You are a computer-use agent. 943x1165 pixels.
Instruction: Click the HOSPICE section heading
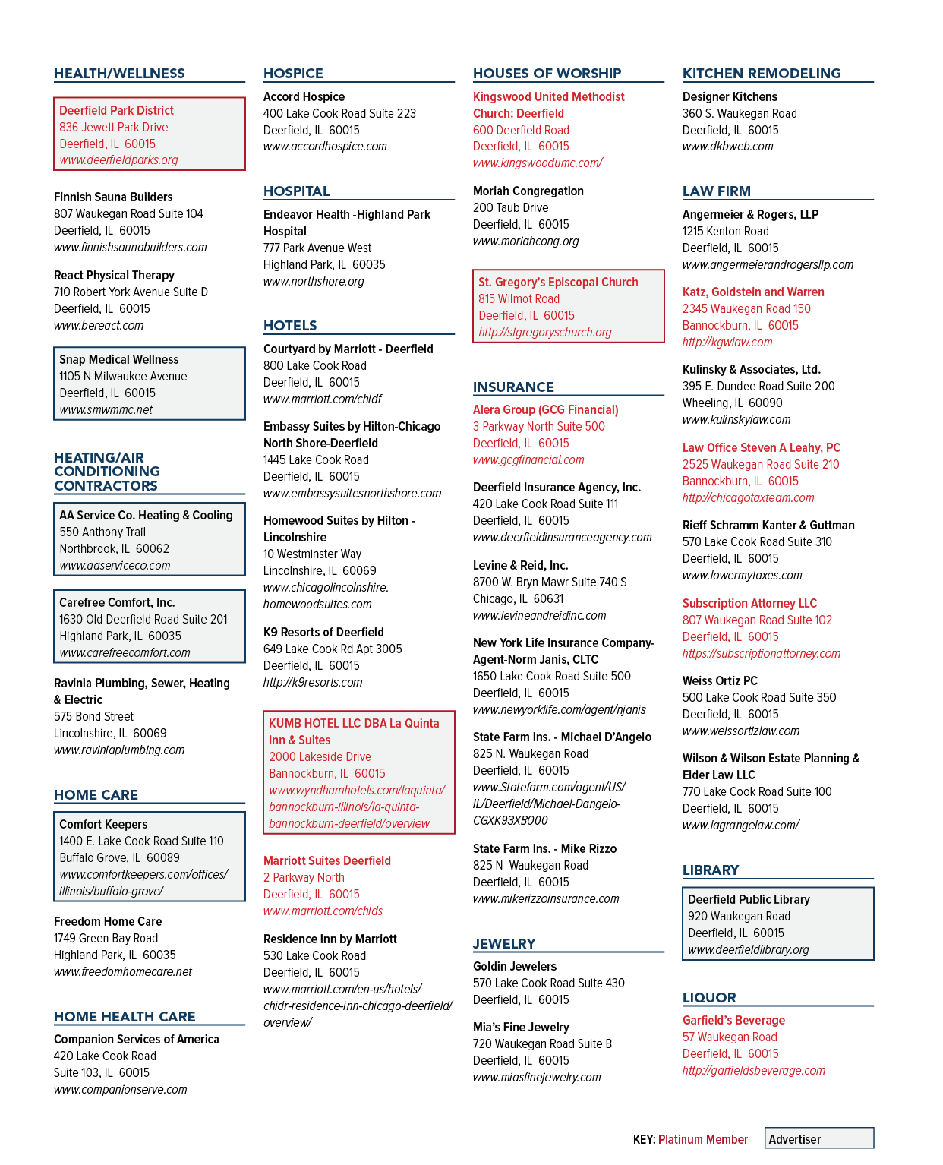[x=293, y=74]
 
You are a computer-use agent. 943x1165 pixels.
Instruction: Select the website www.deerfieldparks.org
[x=118, y=159]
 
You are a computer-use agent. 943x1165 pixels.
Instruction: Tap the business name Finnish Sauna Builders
[x=113, y=197]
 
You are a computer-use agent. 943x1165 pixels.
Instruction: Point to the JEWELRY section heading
[x=504, y=943]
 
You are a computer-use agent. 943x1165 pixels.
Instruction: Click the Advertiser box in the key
[x=819, y=1139]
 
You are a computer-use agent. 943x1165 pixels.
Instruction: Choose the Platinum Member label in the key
[x=702, y=1139]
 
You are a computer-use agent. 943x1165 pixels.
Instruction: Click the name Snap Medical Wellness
[x=118, y=359]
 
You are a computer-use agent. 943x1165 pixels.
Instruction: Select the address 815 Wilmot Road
[x=519, y=298]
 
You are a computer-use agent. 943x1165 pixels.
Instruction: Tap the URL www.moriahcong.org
[x=525, y=242]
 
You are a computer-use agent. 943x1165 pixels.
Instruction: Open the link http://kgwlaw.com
[x=727, y=342]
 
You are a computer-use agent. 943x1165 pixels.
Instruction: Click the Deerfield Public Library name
[x=749, y=899]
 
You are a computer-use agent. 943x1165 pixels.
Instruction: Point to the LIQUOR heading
[x=709, y=997]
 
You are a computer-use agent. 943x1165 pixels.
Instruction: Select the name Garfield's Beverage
[x=733, y=1020]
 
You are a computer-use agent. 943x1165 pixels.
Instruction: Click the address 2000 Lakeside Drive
[x=320, y=756]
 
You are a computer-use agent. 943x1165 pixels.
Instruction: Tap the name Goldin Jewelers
[x=515, y=967]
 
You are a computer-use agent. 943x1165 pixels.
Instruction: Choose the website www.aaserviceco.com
[x=115, y=565]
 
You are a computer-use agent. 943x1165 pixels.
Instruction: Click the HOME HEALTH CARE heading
[x=124, y=1016]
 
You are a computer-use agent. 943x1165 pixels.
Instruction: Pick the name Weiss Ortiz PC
[x=720, y=680]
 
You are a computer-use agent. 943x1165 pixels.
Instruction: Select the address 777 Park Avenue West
[x=317, y=248]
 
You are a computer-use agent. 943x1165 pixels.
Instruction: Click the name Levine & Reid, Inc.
[x=520, y=565]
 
